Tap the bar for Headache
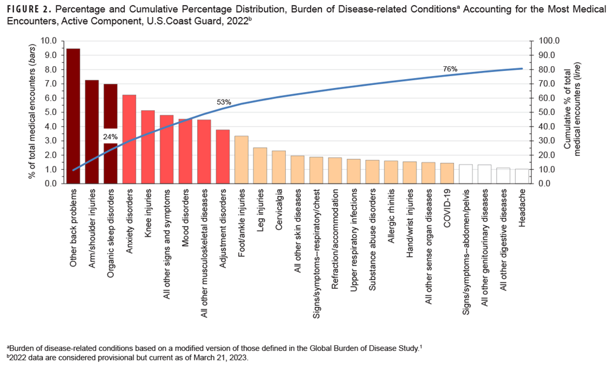click(522, 176)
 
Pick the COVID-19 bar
click(446, 173)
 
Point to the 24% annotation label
click(111, 137)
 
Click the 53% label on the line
click(224, 102)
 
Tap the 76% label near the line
click(450, 69)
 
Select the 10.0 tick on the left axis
click(50, 41)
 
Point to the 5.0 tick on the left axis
click(52, 113)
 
